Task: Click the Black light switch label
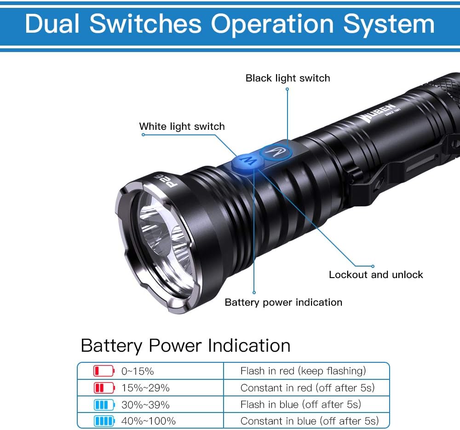tap(287, 78)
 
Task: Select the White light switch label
tap(182, 127)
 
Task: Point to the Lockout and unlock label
tap(376, 275)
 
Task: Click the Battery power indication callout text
tap(283, 302)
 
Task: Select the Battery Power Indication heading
tap(185, 346)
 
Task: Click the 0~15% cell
tap(138, 371)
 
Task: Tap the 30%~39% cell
tap(145, 405)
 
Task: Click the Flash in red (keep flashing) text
tap(303, 371)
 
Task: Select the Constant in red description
tap(307, 388)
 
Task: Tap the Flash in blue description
tap(300, 405)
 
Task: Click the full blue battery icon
tap(104, 421)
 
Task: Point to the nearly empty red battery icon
tap(104, 371)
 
